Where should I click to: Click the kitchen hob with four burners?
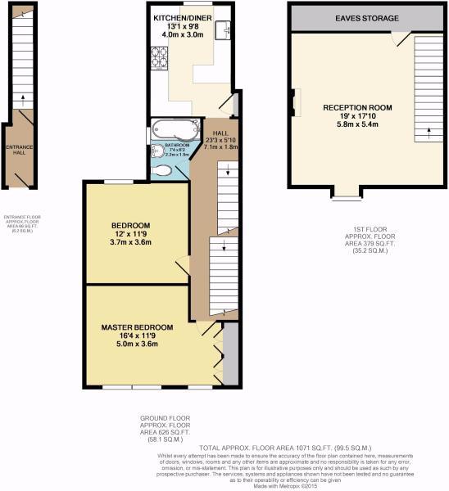click(159, 58)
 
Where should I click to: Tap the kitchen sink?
click(222, 30)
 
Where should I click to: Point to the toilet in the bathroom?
click(163, 170)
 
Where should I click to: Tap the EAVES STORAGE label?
click(366, 17)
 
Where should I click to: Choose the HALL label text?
click(220, 133)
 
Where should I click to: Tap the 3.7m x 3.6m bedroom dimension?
click(131, 242)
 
